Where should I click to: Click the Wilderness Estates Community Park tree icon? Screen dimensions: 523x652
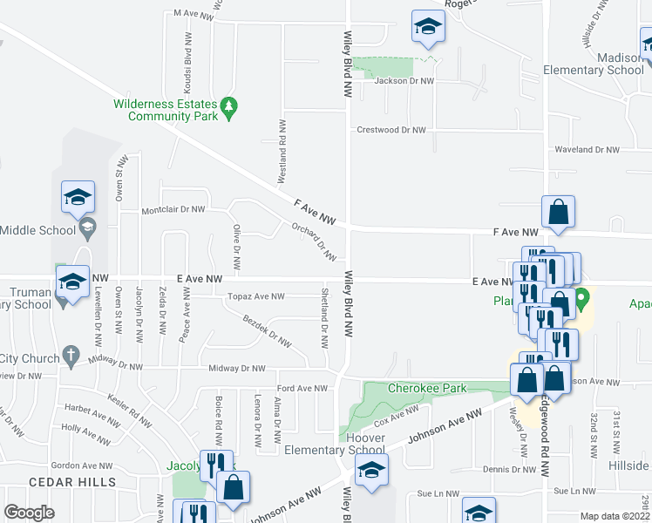(x=229, y=108)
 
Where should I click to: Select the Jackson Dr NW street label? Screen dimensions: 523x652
(x=404, y=81)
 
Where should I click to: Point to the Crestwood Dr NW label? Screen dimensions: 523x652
(x=391, y=130)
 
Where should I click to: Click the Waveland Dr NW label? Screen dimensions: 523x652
(x=587, y=150)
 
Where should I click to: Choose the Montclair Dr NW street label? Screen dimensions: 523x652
(x=173, y=210)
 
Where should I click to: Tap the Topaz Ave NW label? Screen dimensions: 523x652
(x=255, y=297)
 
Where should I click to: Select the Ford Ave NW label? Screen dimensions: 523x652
(x=302, y=388)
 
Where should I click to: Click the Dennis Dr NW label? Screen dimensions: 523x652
(x=510, y=470)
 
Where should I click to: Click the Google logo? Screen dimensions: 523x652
(x=29, y=513)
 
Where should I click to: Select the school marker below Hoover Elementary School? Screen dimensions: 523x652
(x=372, y=469)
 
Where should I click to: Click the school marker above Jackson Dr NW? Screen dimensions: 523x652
(x=428, y=29)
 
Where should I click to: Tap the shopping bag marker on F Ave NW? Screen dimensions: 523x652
(x=558, y=212)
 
